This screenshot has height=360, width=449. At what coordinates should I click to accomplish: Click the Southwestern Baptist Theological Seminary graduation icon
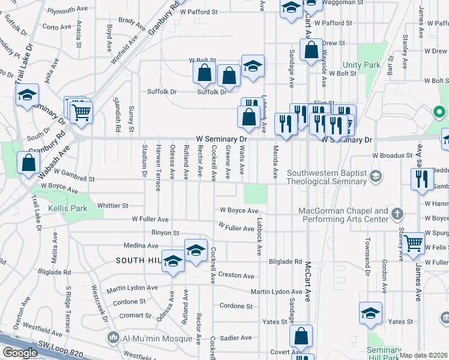(376, 175)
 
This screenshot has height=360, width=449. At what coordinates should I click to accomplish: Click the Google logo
(20, 353)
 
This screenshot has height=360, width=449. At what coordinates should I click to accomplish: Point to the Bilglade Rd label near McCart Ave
(285, 262)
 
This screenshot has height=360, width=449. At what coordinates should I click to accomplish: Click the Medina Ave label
(139, 245)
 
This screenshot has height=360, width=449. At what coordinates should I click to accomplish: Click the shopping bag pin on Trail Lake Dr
(28, 163)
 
